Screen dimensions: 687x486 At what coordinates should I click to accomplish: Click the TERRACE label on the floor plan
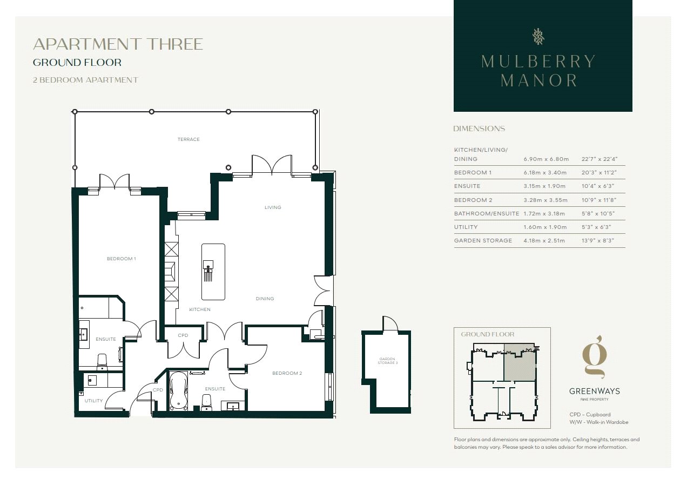(x=188, y=139)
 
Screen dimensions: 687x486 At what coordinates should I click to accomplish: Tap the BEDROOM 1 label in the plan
(x=121, y=259)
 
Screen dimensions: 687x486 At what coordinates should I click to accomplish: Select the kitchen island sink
(x=208, y=264)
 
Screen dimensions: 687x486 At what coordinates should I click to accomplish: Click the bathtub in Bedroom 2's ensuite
(x=178, y=390)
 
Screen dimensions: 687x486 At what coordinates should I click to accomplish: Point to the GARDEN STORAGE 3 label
(x=387, y=361)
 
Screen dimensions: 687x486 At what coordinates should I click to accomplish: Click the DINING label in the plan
(x=265, y=298)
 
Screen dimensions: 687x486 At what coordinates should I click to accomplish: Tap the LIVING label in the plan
(x=273, y=207)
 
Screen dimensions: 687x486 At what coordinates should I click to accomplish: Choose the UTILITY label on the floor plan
(x=93, y=401)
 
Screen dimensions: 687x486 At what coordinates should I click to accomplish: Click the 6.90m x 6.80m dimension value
(x=546, y=159)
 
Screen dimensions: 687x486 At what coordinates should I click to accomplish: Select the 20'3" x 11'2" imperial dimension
(x=598, y=172)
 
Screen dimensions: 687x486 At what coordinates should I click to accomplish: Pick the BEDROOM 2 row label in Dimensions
(x=473, y=200)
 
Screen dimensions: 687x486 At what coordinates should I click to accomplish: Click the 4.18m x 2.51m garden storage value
(x=544, y=240)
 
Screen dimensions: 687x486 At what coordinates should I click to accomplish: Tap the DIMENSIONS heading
(x=479, y=129)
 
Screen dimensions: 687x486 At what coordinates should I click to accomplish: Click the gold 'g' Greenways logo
(x=595, y=357)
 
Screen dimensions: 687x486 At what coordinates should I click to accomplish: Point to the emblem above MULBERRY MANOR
(x=538, y=37)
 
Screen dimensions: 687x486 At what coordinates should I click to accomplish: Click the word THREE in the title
(x=176, y=44)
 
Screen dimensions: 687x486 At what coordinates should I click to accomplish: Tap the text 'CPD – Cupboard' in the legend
(x=590, y=414)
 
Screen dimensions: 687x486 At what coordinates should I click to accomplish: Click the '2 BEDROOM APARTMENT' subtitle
(x=85, y=80)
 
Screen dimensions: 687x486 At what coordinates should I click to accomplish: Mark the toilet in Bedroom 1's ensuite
(x=102, y=361)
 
